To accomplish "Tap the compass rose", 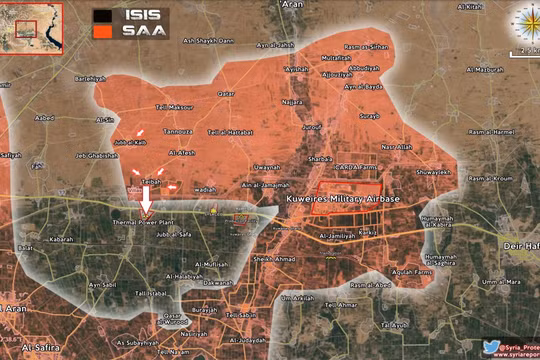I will tap(526, 21).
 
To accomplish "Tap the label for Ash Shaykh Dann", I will tap(208, 41).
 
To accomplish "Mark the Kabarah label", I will tap(61, 240).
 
